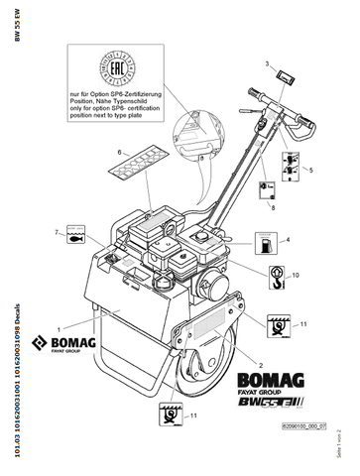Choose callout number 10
(295, 274)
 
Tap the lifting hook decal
(274, 274)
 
